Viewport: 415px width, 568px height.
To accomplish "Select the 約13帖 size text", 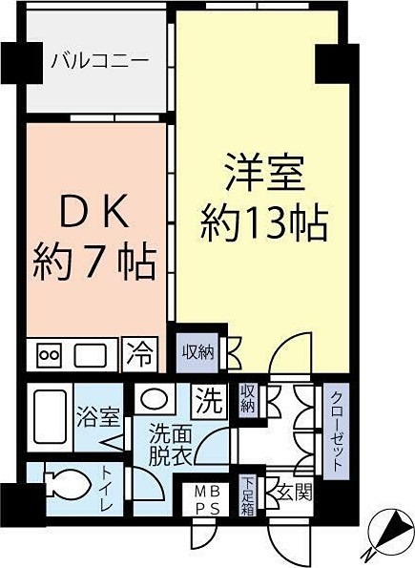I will click(x=264, y=225).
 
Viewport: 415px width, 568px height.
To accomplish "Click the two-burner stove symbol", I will click(x=49, y=356).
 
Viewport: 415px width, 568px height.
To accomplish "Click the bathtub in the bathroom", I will click(x=47, y=416).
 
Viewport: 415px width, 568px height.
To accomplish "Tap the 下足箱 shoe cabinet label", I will click(x=248, y=494).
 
